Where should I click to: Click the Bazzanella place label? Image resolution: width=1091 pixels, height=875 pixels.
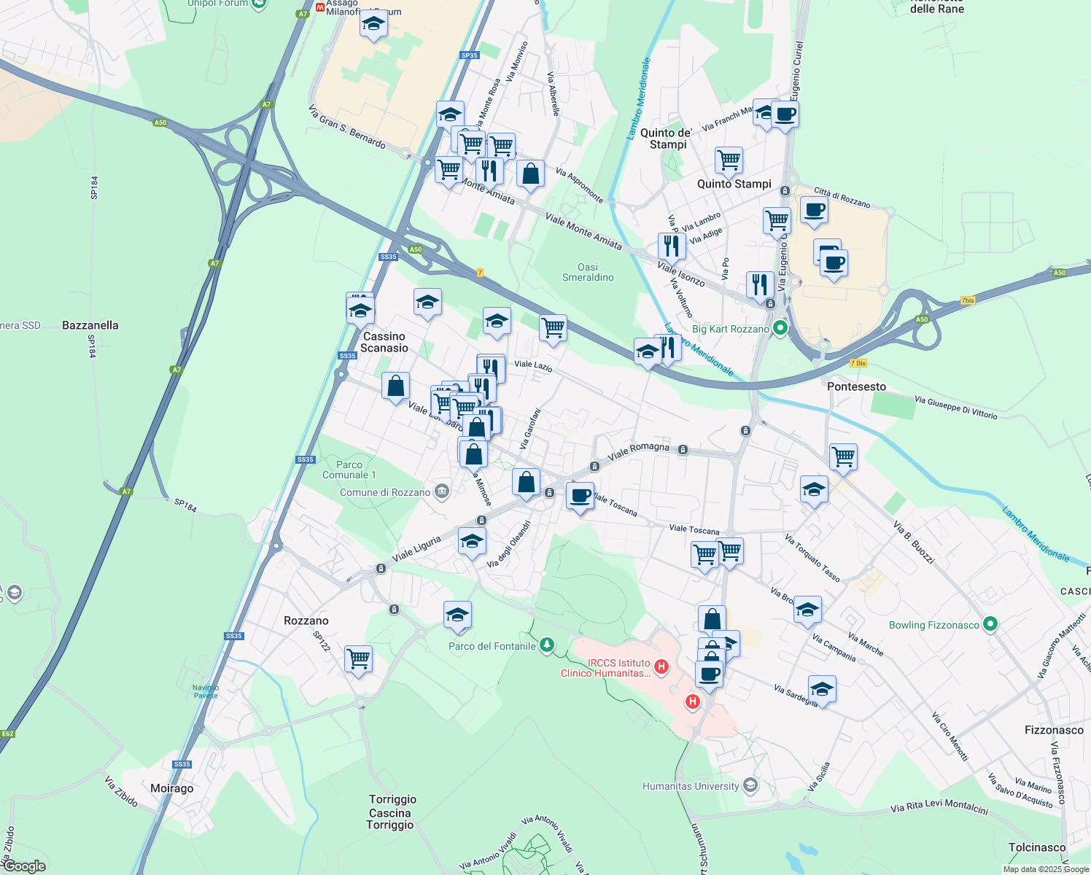(90, 325)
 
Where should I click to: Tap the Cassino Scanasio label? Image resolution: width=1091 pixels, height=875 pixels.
(384, 342)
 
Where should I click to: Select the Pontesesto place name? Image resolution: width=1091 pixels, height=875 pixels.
(856, 386)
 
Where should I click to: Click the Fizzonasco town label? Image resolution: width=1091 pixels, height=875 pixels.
(1053, 730)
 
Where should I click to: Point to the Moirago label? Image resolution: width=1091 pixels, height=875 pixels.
(171, 788)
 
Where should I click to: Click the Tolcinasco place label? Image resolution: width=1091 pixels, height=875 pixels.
(1036, 847)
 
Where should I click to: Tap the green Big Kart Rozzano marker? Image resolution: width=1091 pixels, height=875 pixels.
(780, 328)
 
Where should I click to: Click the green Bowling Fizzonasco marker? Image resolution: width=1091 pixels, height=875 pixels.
(990, 625)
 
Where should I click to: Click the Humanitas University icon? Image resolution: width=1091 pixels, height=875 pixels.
(751, 786)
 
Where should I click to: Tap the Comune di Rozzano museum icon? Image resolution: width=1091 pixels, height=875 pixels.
(442, 492)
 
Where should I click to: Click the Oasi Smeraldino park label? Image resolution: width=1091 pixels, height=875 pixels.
(588, 272)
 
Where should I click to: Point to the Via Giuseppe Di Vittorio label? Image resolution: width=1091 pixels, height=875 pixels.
(955, 408)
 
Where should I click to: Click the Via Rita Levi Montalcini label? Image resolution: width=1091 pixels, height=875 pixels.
(939, 809)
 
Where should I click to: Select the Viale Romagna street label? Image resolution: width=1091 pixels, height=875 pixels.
(638, 451)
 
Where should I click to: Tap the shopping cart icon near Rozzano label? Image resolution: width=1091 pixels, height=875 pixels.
(358, 659)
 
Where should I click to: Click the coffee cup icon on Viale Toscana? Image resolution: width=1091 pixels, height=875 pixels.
(580, 496)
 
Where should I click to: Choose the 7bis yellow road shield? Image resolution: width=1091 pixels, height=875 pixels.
(968, 300)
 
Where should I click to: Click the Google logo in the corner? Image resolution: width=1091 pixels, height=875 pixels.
(24, 866)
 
